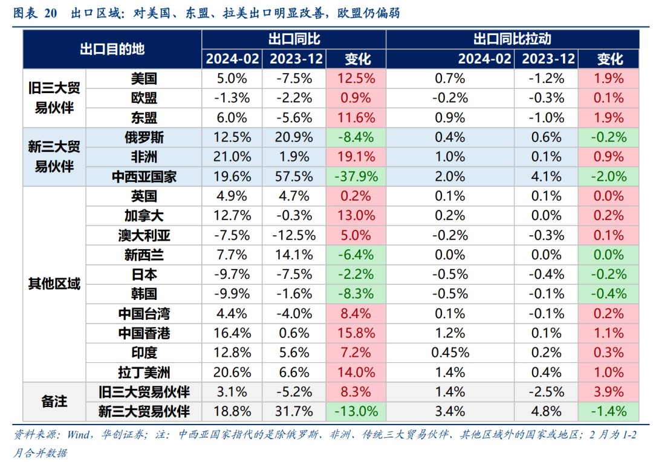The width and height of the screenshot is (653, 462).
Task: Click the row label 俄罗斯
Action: point(144,137)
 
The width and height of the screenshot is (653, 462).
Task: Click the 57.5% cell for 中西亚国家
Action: point(294,177)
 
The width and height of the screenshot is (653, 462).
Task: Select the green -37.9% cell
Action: point(356,177)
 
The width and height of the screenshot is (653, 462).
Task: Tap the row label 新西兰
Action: point(144,255)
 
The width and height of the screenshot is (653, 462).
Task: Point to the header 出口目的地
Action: point(112,50)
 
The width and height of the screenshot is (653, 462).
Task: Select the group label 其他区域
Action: point(54,284)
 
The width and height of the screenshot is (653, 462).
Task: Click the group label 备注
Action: point(54,402)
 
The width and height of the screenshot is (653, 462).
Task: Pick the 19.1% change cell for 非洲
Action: point(356,157)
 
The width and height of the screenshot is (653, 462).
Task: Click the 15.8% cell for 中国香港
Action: point(356,333)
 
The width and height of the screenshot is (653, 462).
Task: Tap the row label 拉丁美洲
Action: point(144,372)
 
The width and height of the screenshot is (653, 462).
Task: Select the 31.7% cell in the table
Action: point(294,411)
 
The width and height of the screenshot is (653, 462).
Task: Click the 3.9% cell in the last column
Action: point(609,392)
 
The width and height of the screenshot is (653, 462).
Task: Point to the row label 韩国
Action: point(144,294)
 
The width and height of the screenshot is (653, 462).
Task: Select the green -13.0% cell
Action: point(356,411)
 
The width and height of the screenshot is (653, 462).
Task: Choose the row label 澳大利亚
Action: point(144,235)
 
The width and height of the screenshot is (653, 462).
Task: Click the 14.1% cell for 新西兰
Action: point(294,255)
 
